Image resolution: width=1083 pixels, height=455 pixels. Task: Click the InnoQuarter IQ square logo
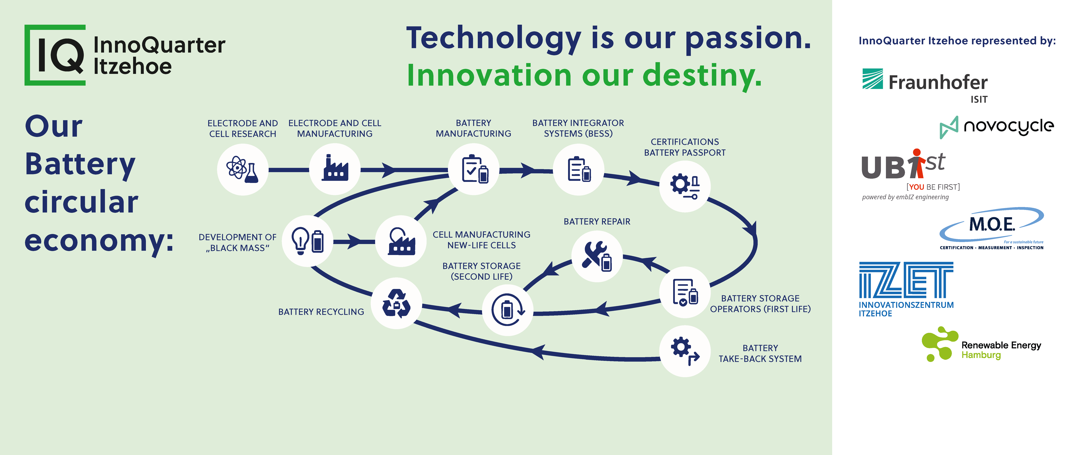coord(55,55)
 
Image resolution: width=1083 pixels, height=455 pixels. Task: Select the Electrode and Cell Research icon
coord(243,170)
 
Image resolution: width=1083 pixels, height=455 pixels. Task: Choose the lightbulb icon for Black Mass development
coord(307,241)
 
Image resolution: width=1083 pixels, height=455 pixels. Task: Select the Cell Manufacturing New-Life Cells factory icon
coord(401,241)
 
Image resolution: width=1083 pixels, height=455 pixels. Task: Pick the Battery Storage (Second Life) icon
coord(507,310)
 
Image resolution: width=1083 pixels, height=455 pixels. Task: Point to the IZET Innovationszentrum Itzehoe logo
coord(906,289)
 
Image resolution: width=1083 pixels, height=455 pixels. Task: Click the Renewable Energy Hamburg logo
coord(981,344)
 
